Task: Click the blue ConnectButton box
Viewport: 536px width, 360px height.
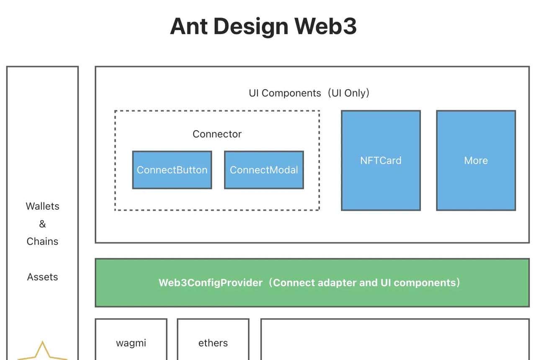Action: pos(172,170)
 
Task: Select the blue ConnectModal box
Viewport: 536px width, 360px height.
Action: pos(264,170)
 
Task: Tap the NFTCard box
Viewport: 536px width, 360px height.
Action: pos(381,160)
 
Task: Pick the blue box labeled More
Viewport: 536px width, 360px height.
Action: pos(476,160)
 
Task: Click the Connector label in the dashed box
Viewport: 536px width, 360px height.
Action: pos(217,134)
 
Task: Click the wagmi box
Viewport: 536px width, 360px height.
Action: pos(131,343)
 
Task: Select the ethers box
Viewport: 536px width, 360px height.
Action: pos(213,343)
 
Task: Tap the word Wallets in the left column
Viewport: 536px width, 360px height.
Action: pos(42,206)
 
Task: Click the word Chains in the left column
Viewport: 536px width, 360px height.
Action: pos(42,242)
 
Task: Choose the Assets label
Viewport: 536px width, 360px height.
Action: pos(42,277)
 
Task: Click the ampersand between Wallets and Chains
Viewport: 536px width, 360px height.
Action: pos(42,224)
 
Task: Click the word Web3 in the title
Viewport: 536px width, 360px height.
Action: pos(325,26)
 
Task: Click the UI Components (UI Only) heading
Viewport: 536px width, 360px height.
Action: pos(309,93)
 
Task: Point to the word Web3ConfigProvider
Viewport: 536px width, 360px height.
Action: pos(210,283)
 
